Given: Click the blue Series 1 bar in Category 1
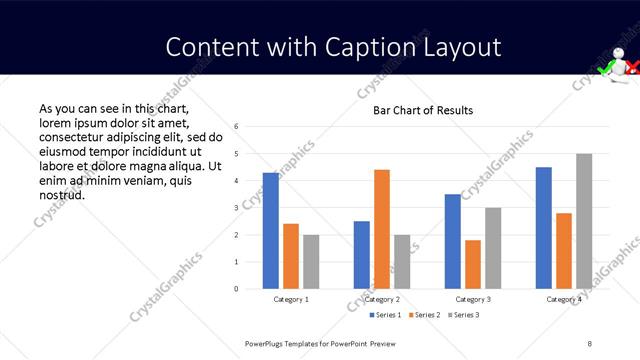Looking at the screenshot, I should pyautogui.click(x=271, y=231).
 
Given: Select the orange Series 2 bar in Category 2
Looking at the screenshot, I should pyautogui.click(x=382, y=229).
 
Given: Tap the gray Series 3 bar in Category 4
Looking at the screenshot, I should pyautogui.click(x=584, y=221).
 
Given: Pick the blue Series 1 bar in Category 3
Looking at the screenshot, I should pyautogui.click(x=453, y=241).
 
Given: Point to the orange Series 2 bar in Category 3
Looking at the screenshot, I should pyautogui.click(x=473, y=264).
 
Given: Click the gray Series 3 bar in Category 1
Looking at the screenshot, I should pyautogui.click(x=311, y=262).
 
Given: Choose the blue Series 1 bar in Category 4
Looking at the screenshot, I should pyautogui.click(x=544, y=228).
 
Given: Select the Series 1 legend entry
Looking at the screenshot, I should pyautogui.click(x=387, y=315).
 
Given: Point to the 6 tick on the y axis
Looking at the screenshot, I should pyautogui.click(x=236, y=127).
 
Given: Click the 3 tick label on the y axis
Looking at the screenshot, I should pyautogui.click(x=236, y=208).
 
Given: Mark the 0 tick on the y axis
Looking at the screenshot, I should pyautogui.click(x=236, y=289).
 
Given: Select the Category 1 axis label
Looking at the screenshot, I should pyautogui.click(x=291, y=299).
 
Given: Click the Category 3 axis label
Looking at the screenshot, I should pyautogui.click(x=473, y=299).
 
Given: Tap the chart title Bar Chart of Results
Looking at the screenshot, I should pyautogui.click(x=423, y=110).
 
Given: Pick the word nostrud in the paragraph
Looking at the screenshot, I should pyautogui.click(x=61, y=194).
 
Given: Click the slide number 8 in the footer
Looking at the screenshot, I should pyautogui.click(x=590, y=343).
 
